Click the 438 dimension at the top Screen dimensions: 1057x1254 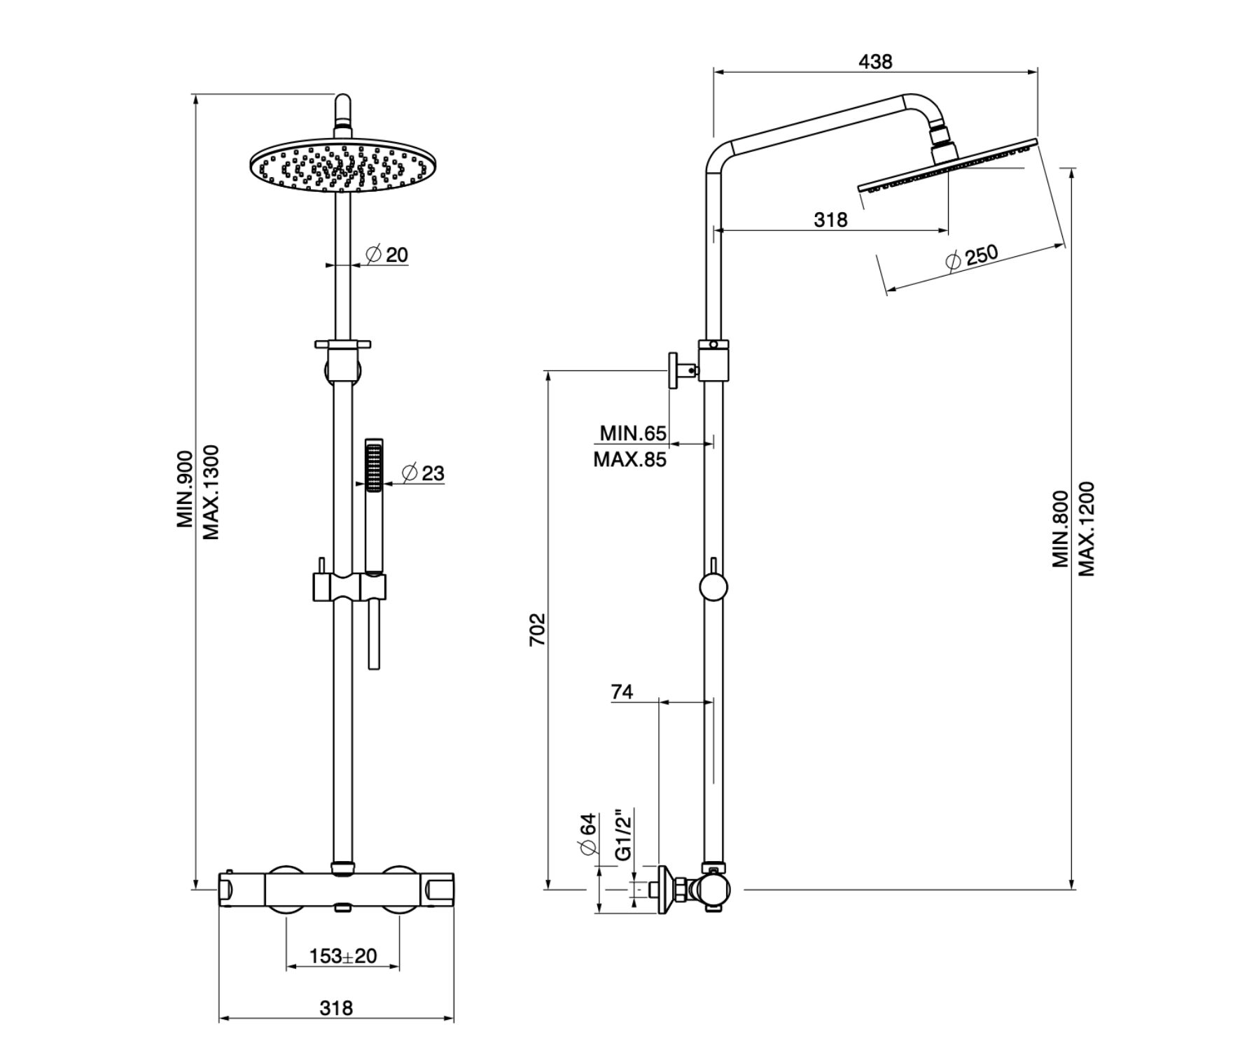(x=875, y=62)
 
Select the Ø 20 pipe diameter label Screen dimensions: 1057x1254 (x=387, y=254)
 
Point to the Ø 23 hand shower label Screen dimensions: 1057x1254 (x=424, y=473)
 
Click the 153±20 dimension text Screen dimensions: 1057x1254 (x=342, y=955)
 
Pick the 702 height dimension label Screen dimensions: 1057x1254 (x=536, y=629)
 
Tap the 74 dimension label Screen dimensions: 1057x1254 (x=622, y=692)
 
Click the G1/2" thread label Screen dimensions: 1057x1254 (x=623, y=833)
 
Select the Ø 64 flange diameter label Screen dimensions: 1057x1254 (x=587, y=833)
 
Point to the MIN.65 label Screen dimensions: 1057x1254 (x=633, y=433)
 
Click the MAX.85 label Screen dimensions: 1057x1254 (x=629, y=460)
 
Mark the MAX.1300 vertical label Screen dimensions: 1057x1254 (x=211, y=492)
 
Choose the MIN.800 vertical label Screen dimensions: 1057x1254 (x=1061, y=528)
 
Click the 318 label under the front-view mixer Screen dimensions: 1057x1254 (x=336, y=1008)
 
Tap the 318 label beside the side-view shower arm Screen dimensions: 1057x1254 (x=830, y=220)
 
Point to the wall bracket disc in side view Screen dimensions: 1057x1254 (x=671, y=370)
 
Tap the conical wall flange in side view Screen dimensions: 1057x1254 (x=665, y=890)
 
